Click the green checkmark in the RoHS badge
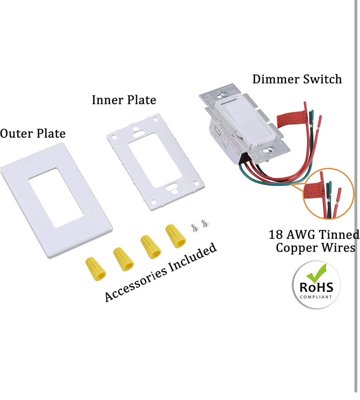tap(317, 273)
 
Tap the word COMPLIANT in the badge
tap(316, 297)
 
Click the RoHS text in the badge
tap(316, 287)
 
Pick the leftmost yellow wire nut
tap(96, 268)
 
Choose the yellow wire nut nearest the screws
tap(176, 236)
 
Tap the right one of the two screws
tap(204, 223)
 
